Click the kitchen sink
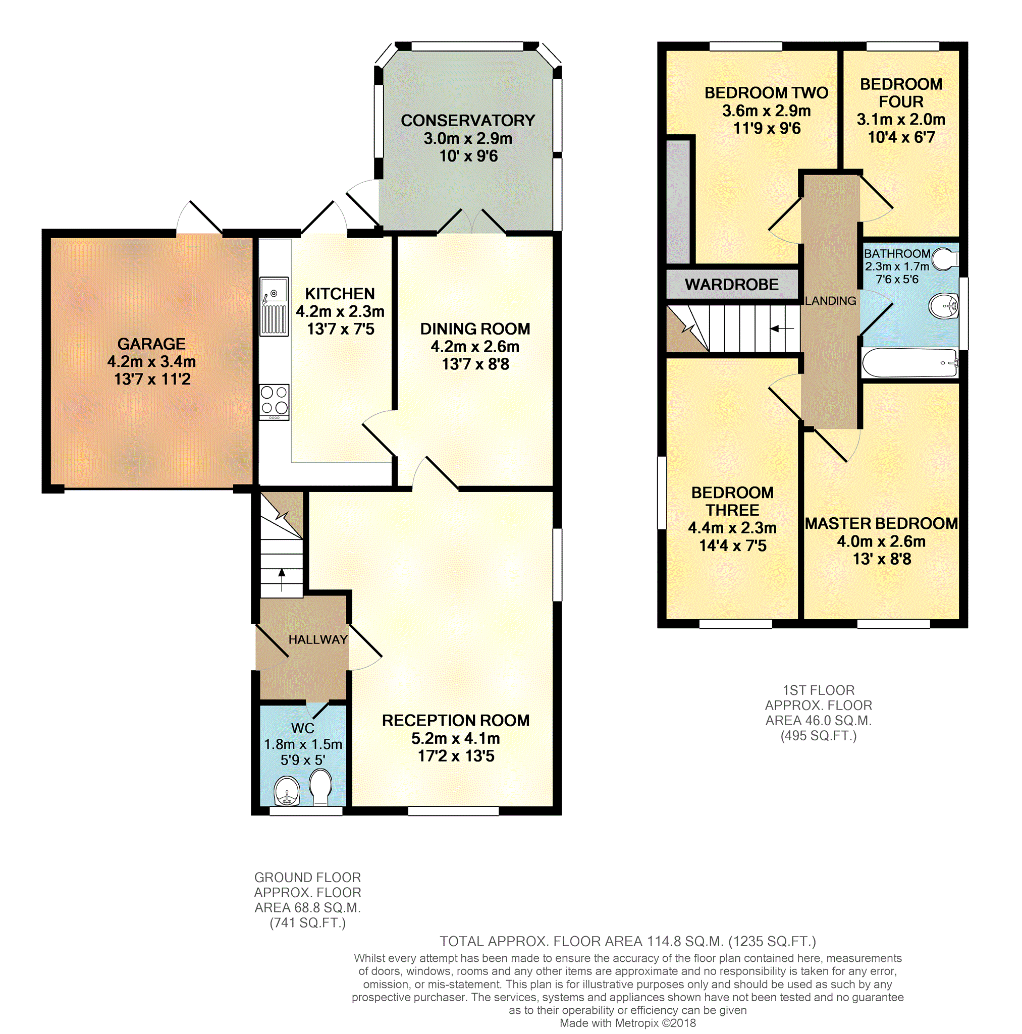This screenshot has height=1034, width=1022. tap(274, 306)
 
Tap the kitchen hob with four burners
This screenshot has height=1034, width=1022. tap(274, 402)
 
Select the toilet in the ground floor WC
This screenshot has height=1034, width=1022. tap(320, 787)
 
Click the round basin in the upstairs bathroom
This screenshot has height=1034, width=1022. tap(943, 306)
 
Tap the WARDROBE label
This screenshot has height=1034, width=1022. tap(731, 285)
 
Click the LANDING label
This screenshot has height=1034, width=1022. tap(830, 301)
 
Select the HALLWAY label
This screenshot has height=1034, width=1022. tap(318, 639)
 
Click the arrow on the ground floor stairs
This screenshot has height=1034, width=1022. tap(282, 580)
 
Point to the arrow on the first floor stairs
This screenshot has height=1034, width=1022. tap(782, 329)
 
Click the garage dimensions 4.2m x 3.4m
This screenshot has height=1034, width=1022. tap(151, 362)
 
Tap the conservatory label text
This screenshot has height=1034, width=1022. tap(468, 121)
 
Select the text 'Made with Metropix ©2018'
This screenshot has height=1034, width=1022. tap(627, 1023)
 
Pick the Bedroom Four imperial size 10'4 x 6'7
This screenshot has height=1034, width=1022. tap(901, 138)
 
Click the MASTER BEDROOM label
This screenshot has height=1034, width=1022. tap(881, 523)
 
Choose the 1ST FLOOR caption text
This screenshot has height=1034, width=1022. tap(819, 690)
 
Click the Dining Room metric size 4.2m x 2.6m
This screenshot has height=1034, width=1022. tap(475, 347)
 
